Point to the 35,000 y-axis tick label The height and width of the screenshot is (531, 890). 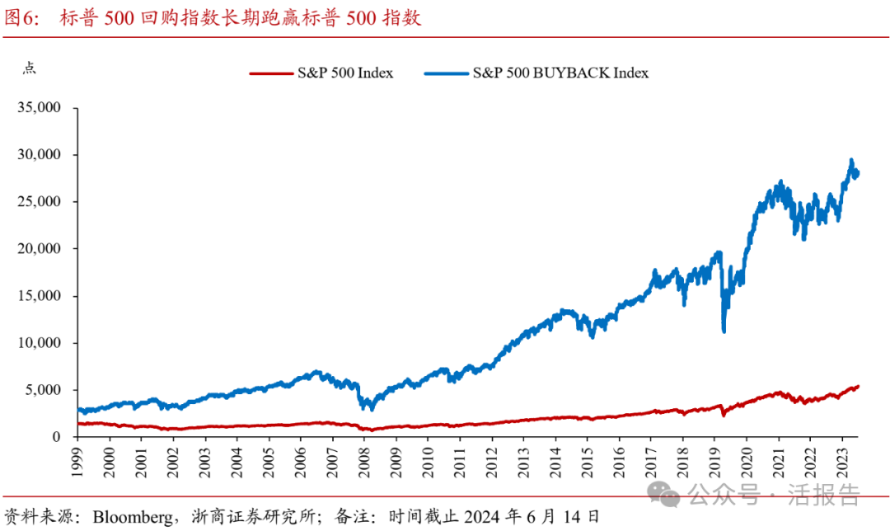(40, 107)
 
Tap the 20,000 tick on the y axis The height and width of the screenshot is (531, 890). (40, 248)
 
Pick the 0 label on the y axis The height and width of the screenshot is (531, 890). (58, 437)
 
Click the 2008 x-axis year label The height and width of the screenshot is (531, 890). (365, 463)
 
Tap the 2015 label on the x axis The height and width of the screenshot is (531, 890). (588, 463)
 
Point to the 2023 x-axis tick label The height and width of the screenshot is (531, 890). (843, 463)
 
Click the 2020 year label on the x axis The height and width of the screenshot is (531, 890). (747, 463)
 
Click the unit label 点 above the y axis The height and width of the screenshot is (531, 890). (28, 68)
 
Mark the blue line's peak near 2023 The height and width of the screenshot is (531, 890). (851, 160)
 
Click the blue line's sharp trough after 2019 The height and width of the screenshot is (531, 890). (724, 331)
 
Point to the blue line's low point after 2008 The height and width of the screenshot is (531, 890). (372, 409)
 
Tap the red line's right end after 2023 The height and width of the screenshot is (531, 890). (858, 386)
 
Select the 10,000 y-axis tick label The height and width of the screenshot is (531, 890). (40, 343)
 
